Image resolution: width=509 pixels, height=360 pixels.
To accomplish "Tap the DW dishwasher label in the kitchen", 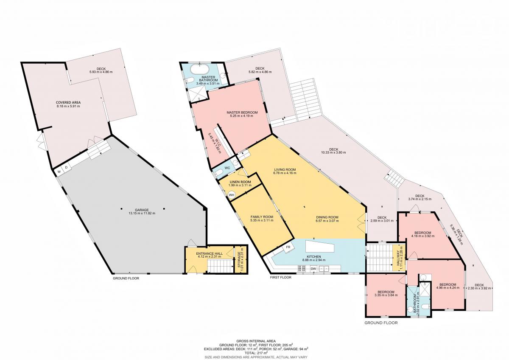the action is pyautogui.click(x=313, y=269).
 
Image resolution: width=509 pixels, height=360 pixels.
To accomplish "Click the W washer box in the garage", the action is pyautogui.click(x=59, y=172).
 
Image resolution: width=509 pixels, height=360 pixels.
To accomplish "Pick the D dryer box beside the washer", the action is pyautogui.click(x=66, y=168).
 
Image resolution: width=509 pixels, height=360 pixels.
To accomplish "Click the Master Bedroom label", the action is pyautogui.click(x=242, y=112).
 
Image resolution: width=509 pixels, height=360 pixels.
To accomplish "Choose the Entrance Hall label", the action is pyautogui.click(x=209, y=253).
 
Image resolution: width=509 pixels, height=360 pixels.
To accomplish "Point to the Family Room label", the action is pyautogui.click(x=262, y=217).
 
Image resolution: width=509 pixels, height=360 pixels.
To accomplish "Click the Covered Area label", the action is pyautogui.click(x=68, y=103).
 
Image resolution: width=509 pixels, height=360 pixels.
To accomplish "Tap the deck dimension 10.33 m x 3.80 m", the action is pyautogui.click(x=334, y=152).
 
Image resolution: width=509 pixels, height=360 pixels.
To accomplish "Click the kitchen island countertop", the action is pyautogui.click(x=320, y=246).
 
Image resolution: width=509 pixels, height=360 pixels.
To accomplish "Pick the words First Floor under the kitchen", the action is pyautogui.click(x=280, y=277).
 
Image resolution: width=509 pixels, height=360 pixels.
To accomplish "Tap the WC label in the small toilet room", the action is pyautogui.click(x=227, y=168).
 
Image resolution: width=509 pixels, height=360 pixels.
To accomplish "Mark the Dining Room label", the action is pyautogui.click(x=327, y=217).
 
